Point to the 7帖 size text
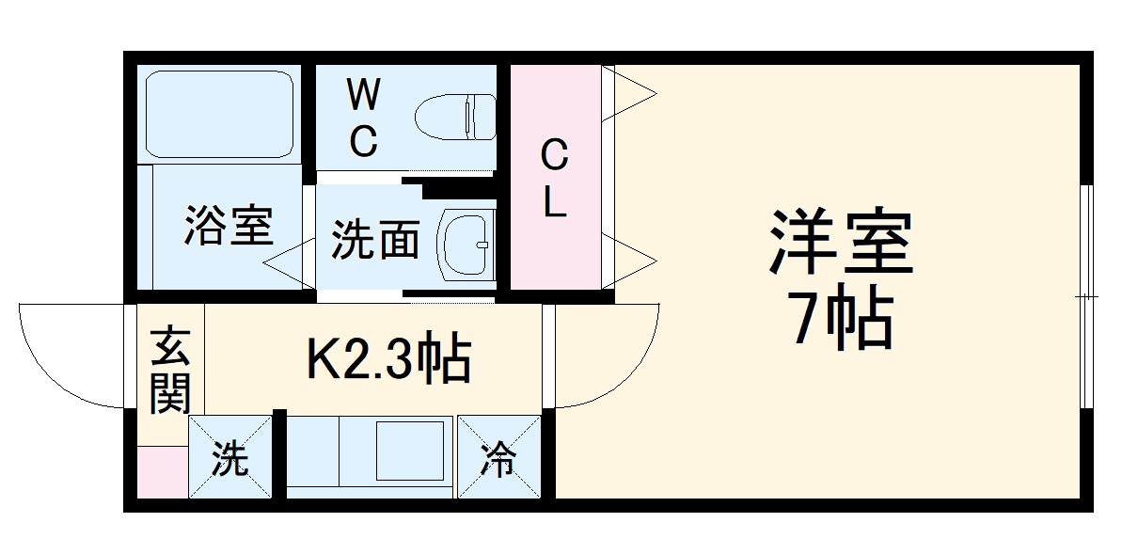pyautogui.click(x=843, y=323)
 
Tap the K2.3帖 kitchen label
pyautogui.click(x=388, y=358)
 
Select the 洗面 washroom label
pyautogui.click(x=375, y=241)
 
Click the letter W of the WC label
pyautogui.click(x=363, y=95)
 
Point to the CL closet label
pyautogui.click(x=555, y=179)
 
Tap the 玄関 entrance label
pyautogui.click(x=170, y=369)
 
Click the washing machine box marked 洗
pyautogui.click(x=230, y=457)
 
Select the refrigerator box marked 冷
pyautogui.click(x=499, y=457)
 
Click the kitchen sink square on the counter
pyautogui.click(x=410, y=451)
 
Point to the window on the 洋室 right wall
pyautogui.click(x=1086, y=296)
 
